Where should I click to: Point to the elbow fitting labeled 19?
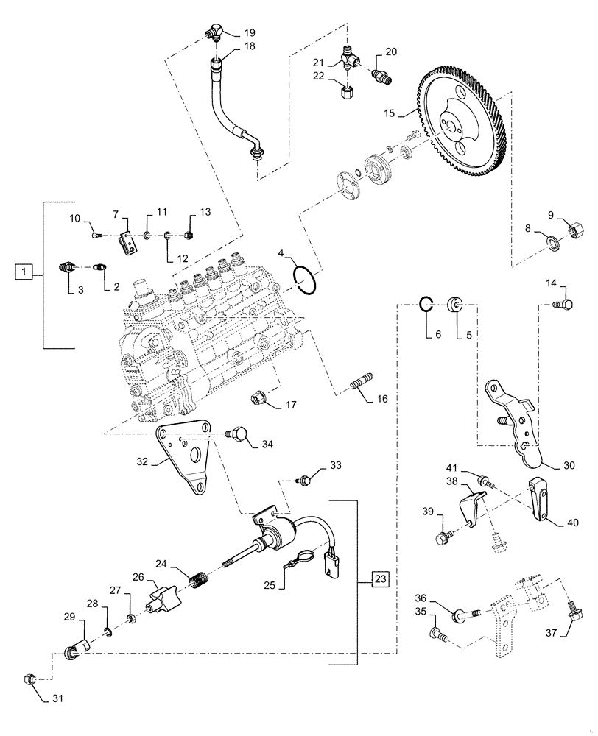pyautogui.click(x=214, y=32)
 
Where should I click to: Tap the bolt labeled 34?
pyautogui.click(x=237, y=436)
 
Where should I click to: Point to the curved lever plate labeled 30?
pyautogui.click(x=519, y=427)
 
